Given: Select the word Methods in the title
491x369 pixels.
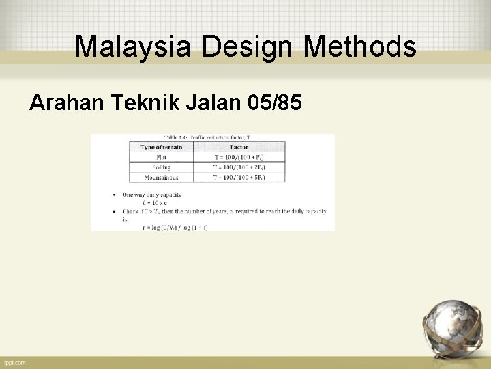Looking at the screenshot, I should coord(359,46).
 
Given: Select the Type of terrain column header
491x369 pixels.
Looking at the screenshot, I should coord(161,147).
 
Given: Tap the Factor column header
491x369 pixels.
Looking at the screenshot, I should coord(239,147).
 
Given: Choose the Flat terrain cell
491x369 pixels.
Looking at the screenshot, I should coord(161,157).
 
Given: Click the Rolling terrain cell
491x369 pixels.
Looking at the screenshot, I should coord(161,167).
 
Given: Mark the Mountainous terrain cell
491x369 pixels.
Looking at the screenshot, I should coord(161,177).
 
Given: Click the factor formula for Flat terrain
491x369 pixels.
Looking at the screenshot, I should coord(239,157).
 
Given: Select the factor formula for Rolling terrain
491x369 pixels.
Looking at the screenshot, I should coord(239,167).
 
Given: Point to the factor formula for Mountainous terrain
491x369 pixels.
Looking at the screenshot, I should coord(239,177).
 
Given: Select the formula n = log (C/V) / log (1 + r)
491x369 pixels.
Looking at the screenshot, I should coord(175,227).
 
